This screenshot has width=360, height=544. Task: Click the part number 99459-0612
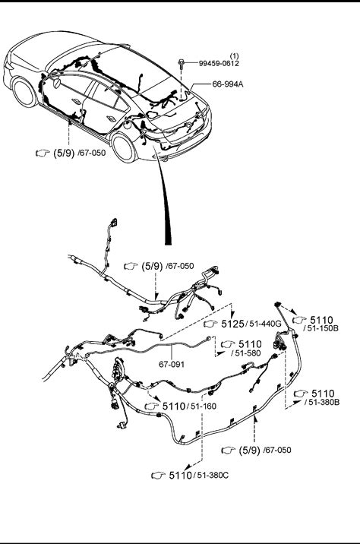click(x=219, y=63)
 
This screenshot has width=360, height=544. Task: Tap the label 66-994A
click(x=228, y=84)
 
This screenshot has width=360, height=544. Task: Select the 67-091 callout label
click(x=172, y=364)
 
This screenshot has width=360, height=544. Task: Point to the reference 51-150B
click(x=323, y=328)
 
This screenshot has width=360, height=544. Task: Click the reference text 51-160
click(x=204, y=406)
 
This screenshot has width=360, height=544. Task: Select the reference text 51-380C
click(x=213, y=476)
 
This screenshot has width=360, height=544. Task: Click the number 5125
click(x=232, y=324)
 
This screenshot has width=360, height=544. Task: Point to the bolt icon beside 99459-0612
click(x=181, y=64)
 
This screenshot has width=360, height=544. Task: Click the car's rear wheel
click(x=124, y=147)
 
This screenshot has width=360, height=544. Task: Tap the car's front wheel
click(x=24, y=92)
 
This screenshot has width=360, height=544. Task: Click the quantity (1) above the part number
click(x=235, y=56)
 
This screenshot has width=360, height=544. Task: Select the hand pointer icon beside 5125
click(x=210, y=324)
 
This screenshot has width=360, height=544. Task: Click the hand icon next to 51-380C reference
click(x=159, y=476)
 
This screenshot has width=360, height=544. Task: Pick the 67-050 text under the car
click(x=93, y=153)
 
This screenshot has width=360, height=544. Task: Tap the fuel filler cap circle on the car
click(x=128, y=124)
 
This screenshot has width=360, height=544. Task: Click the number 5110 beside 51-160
click(x=174, y=406)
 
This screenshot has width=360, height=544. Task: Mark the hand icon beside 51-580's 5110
click(x=228, y=344)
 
